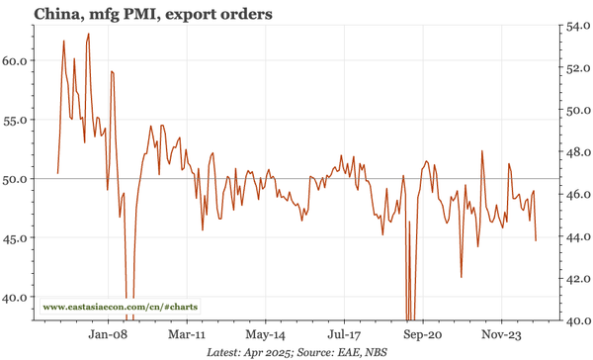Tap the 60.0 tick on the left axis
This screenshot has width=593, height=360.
coord(18,60)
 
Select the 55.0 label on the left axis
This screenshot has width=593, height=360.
coord(18,120)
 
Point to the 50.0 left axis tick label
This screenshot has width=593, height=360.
coord(18,179)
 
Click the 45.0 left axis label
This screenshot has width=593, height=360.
coord(18,237)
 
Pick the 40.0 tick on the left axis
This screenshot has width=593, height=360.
coord(18,297)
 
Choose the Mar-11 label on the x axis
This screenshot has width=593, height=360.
coord(187,334)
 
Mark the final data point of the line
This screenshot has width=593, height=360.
coord(536,240)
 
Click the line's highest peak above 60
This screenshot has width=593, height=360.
coord(89,34)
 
